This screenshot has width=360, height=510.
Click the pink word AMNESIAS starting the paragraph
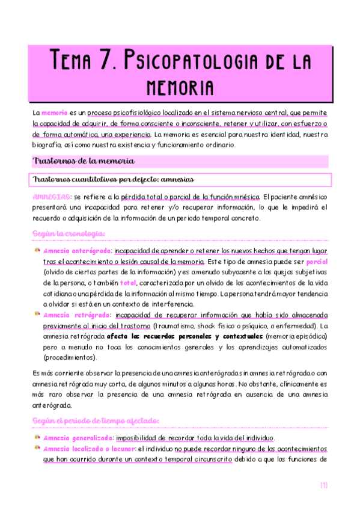point(51,197)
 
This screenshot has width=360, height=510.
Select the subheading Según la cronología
point(69,233)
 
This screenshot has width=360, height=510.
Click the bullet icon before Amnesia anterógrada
point(37,250)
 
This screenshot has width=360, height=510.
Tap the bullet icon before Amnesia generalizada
point(37,437)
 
